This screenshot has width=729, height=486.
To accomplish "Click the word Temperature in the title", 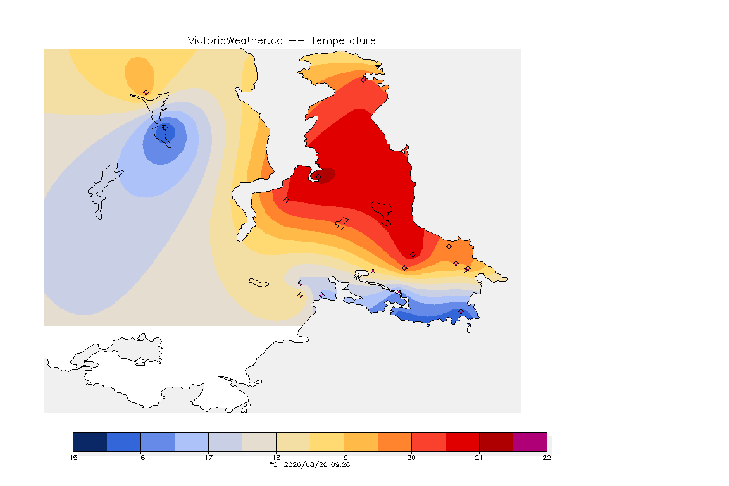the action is click(343, 41).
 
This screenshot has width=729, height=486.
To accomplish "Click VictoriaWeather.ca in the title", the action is click(235, 41).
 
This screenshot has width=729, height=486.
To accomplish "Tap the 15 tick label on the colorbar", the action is click(73, 458).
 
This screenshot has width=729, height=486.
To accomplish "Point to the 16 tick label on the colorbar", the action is click(141, 458).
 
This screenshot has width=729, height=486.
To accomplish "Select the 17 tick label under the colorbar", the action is click(208, 458).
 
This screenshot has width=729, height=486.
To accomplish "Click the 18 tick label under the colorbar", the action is click(276, 458).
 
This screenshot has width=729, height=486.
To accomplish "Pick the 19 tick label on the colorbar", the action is click(344, 458).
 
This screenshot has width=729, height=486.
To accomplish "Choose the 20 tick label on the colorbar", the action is click(411, 458).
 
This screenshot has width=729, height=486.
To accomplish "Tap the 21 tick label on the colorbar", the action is click(479, 458).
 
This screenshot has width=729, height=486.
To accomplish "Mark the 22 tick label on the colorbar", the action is click(547, 458).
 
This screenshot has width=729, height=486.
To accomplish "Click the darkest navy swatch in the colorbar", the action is click(90, 442).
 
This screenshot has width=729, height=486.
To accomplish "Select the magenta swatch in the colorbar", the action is click(530, 442).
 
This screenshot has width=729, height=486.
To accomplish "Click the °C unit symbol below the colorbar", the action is click(274, 464).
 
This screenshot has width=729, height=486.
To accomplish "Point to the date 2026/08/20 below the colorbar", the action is click(306, 464).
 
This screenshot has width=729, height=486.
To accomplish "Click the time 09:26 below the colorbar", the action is click(340, 464).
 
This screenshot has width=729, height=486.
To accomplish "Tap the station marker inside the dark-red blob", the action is click(318, 177).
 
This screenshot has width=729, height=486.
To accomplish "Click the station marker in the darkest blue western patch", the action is click(165, 128).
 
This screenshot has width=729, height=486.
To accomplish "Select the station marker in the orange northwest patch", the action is click(146, 93).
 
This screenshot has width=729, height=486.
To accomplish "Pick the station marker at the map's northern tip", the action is click(364, 80).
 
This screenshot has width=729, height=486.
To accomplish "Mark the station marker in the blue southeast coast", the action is click(461, 311).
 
